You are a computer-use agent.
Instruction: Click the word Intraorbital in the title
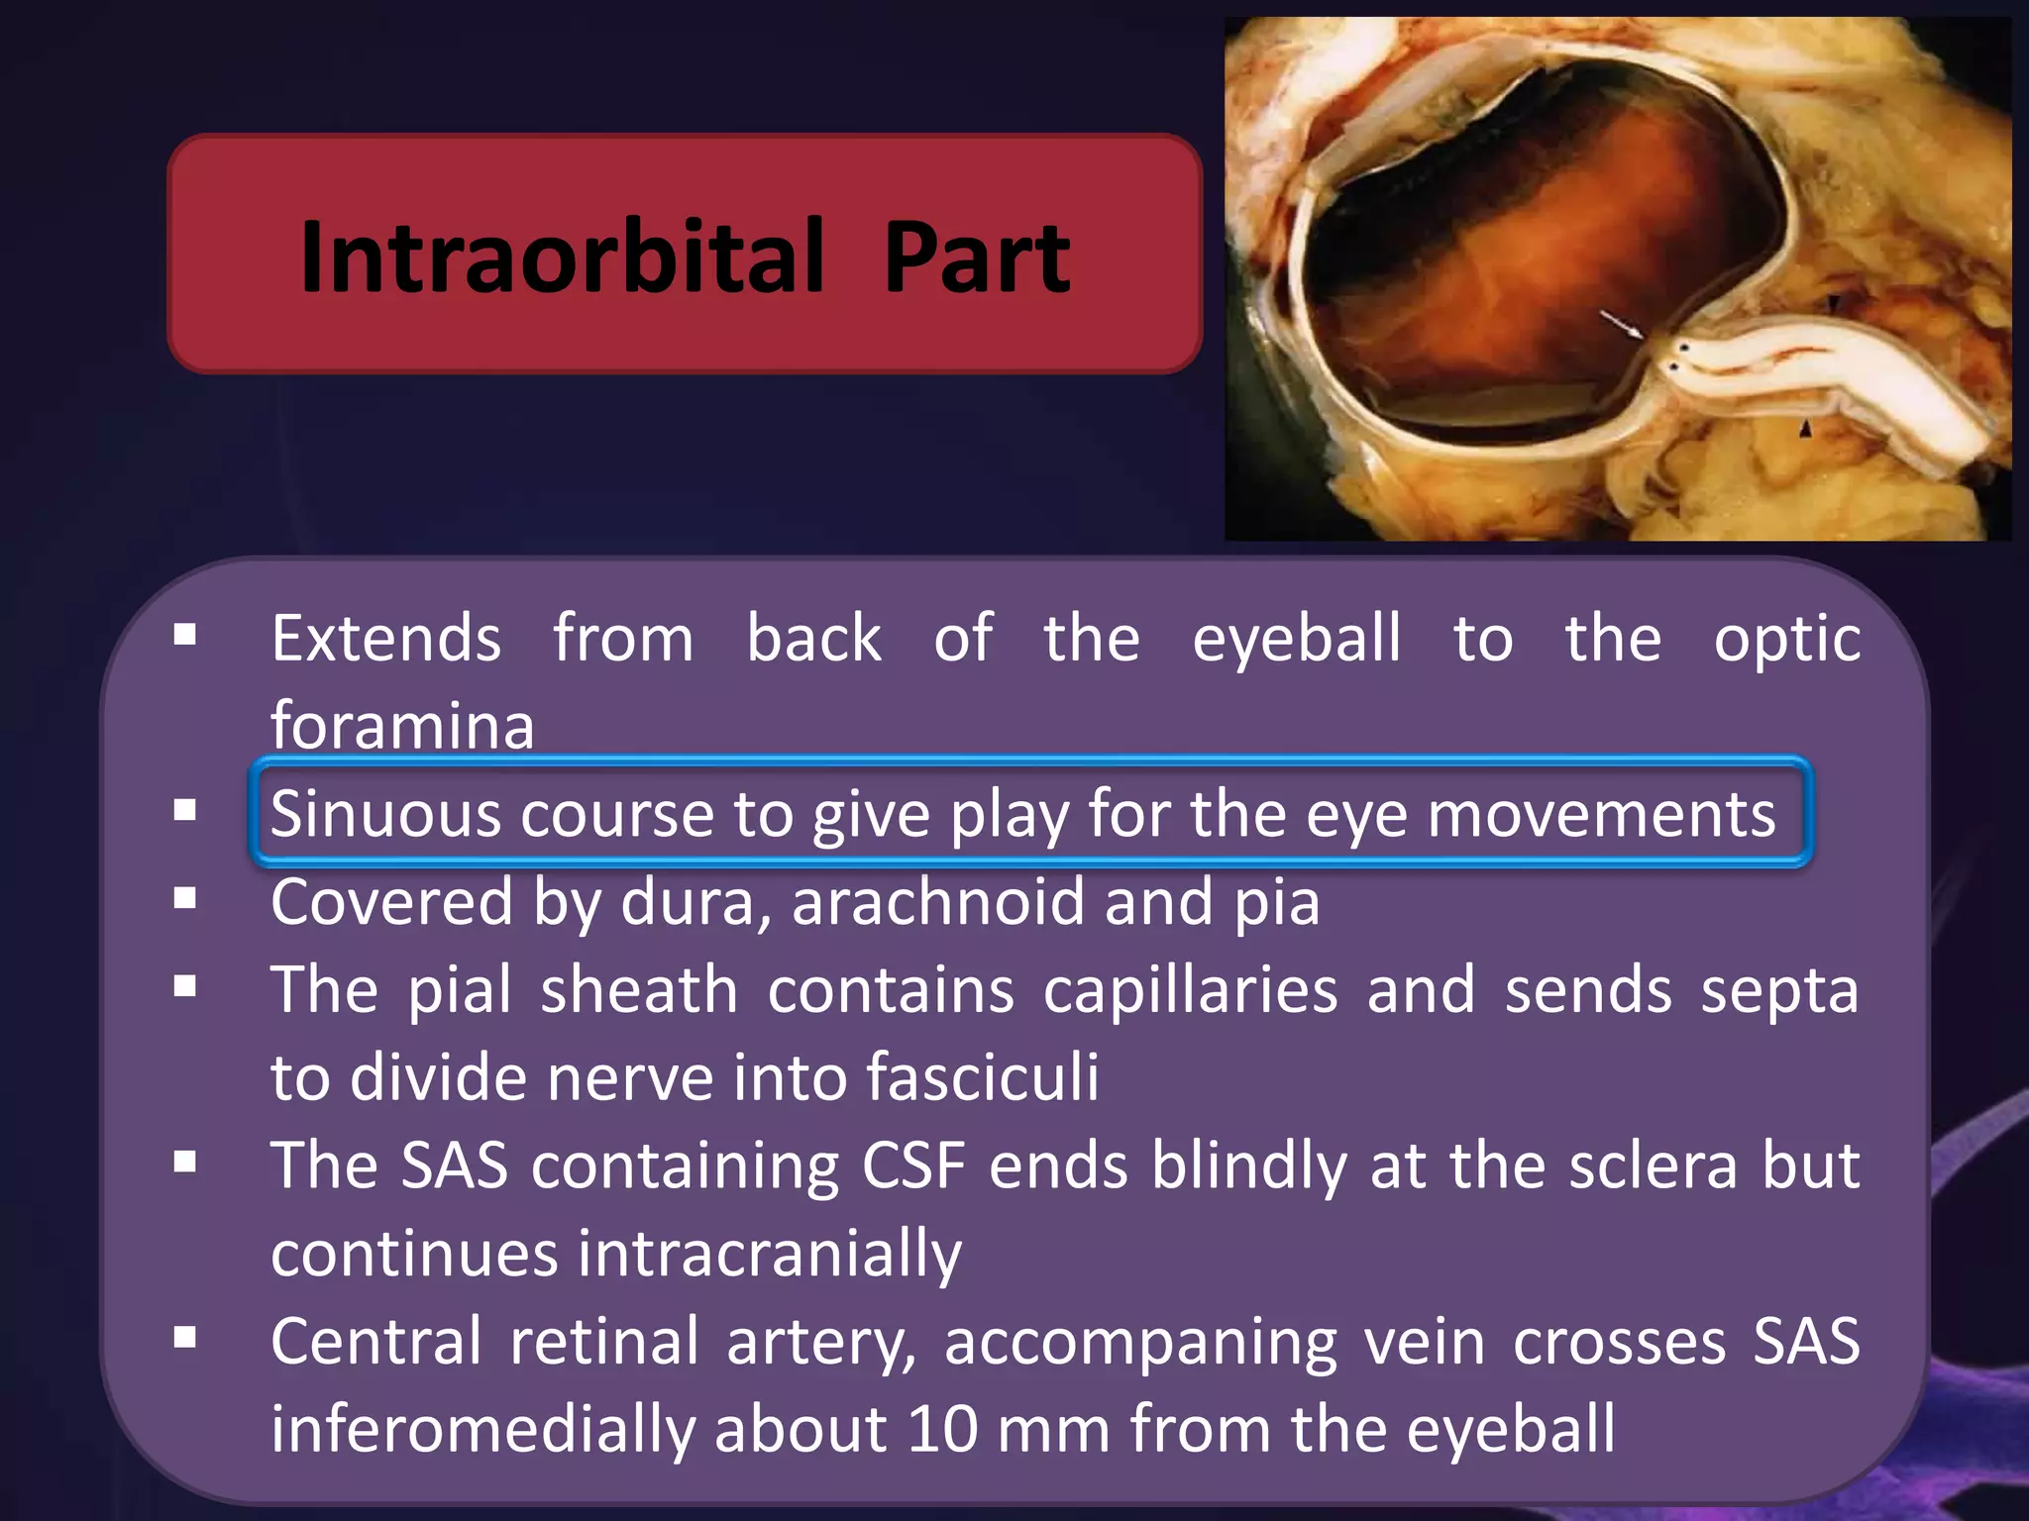click(x=562, y=257)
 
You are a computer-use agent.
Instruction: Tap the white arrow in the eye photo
click(x=1621, y=324)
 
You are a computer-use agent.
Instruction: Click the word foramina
click(x=402, y=726)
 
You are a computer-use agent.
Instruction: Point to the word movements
click(x=1601, y=814)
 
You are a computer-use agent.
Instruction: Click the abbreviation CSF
click(x=912, y=1166)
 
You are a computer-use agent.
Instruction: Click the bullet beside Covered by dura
click(x=184, y=899)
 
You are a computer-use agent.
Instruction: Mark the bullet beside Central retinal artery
click(x=184, y=1339)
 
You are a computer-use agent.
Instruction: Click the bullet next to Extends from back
click(x=184, y=635)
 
